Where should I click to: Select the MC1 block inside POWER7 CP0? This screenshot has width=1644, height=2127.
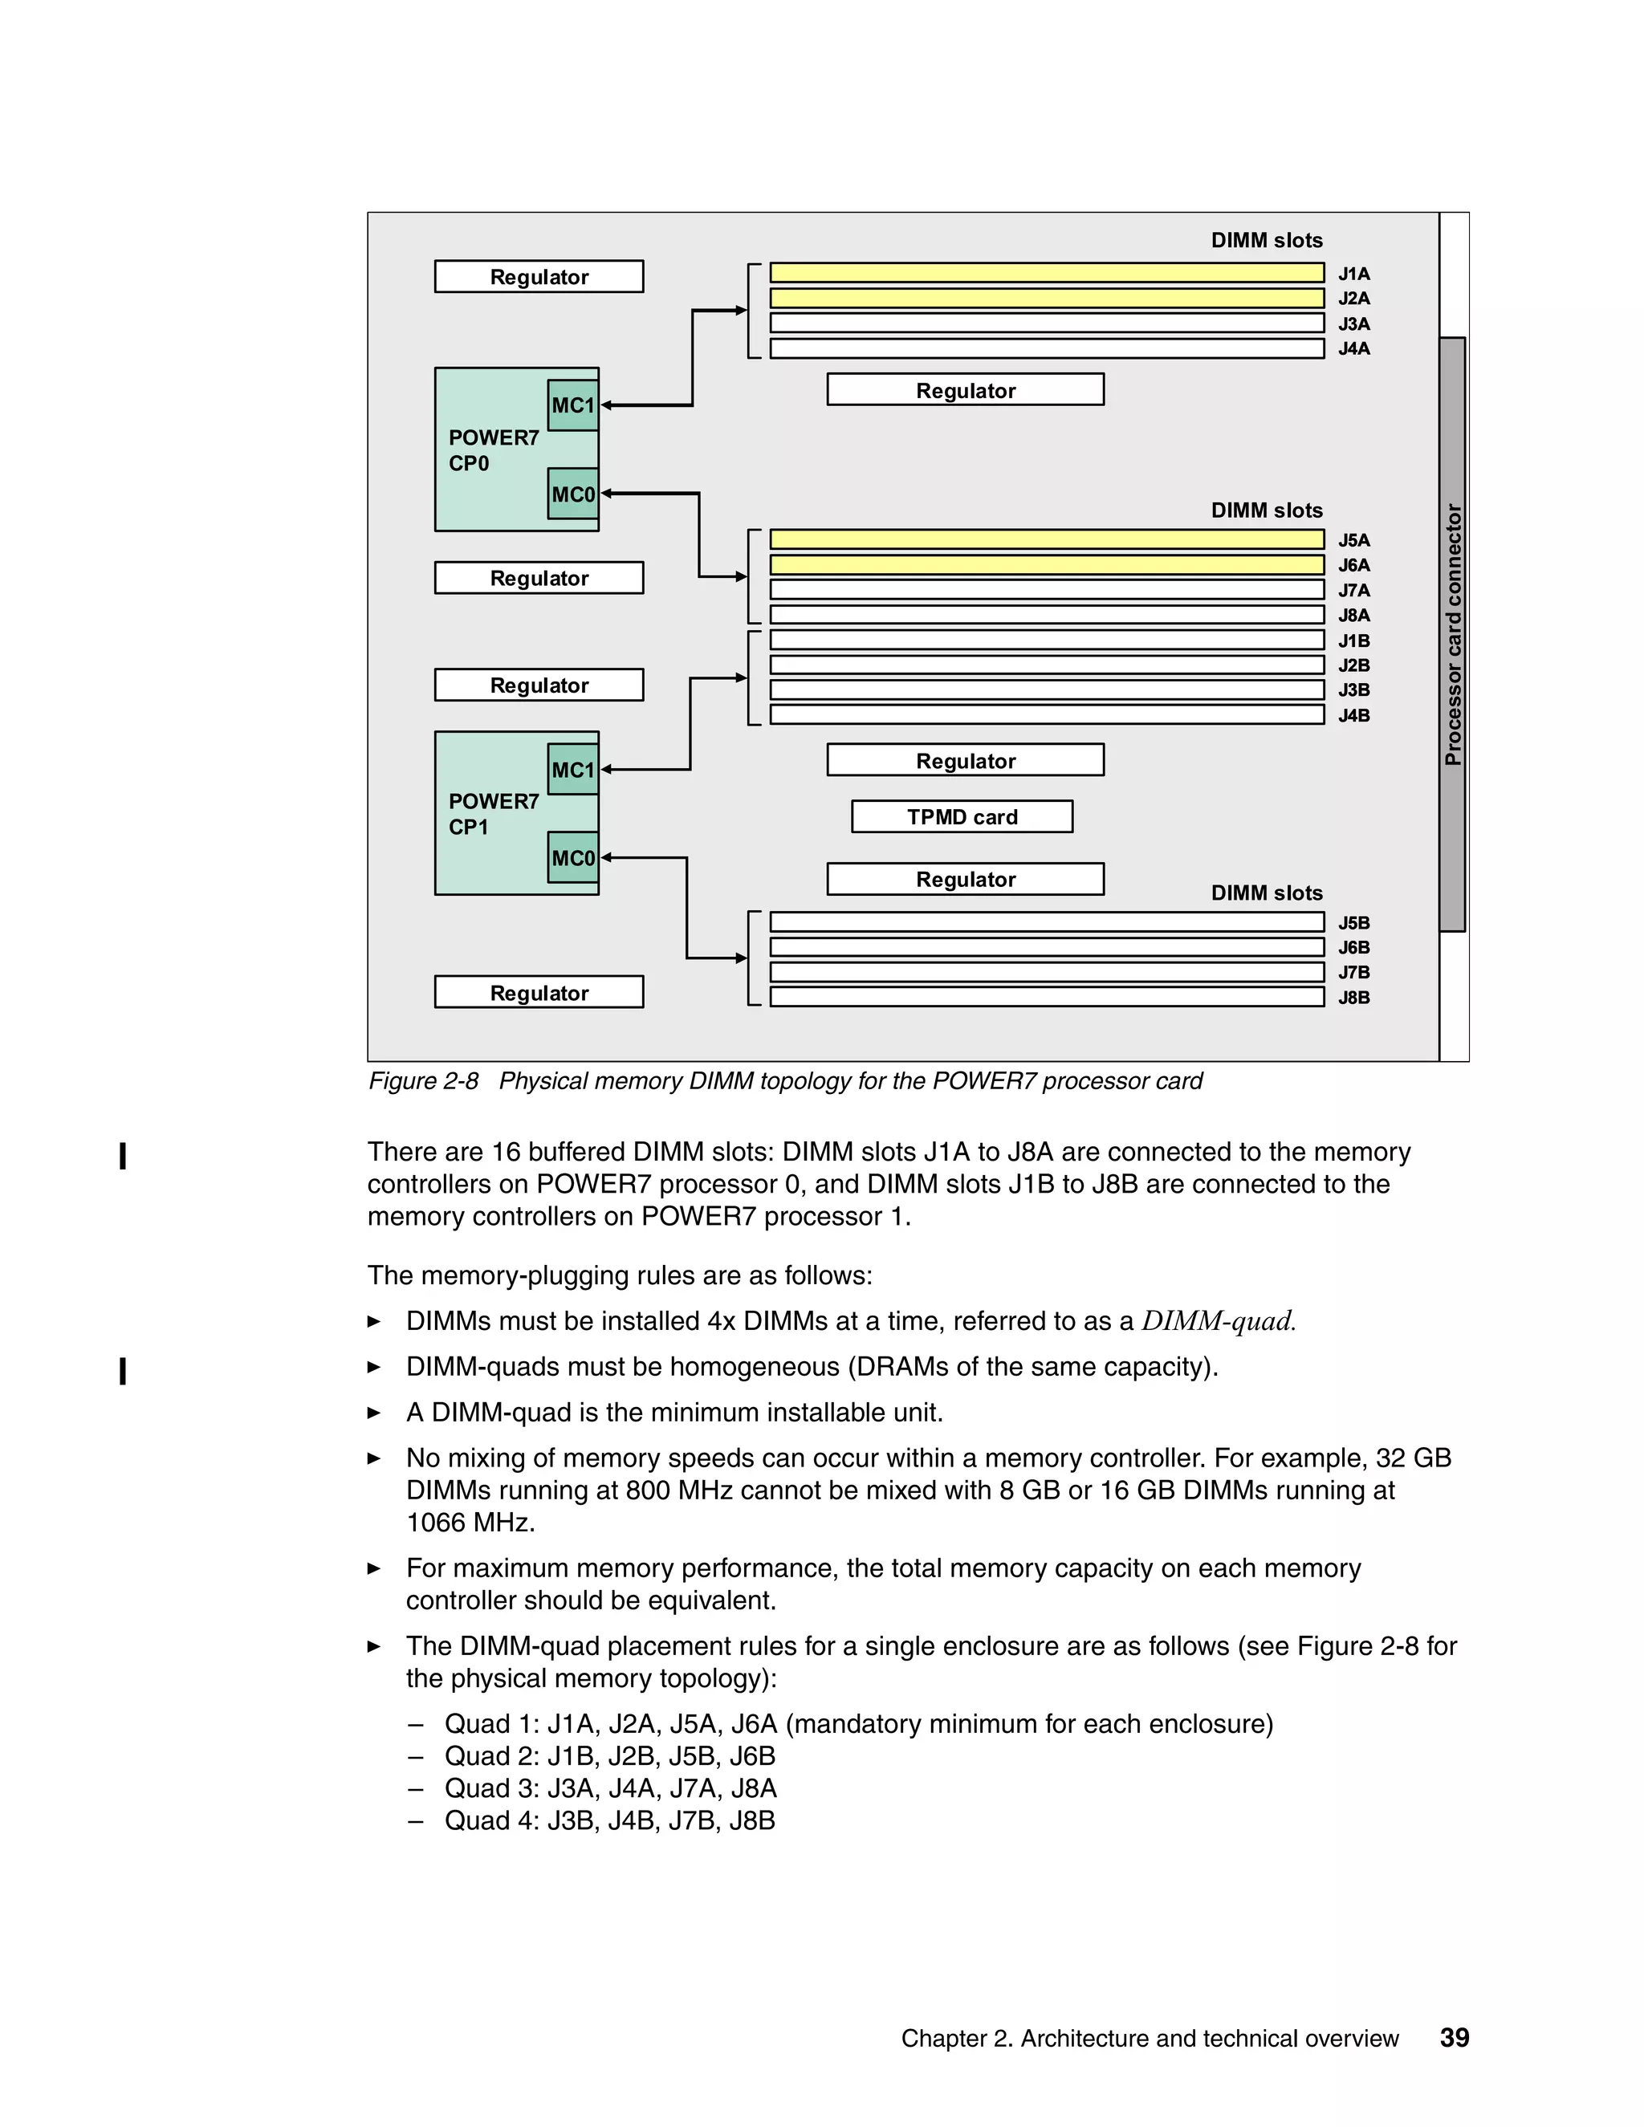click(572, 405)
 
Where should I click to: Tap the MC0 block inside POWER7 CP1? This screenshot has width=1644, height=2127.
click(572, 857)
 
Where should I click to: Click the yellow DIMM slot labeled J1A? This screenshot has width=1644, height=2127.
click(1046, 273)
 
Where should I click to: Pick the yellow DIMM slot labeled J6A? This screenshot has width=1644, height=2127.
click(1046, 565)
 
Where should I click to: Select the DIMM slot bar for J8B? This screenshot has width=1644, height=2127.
click(1046, 996)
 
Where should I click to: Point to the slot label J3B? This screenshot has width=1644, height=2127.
click(1353, 689)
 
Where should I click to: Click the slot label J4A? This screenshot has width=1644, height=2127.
click(1353, 348)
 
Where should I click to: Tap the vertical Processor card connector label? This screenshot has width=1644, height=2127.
click(1453, 634)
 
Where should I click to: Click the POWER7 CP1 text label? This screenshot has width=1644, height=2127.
click(493, 813)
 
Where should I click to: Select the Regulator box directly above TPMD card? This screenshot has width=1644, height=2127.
click(965, 759)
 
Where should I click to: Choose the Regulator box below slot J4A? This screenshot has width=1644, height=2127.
click(965, 389)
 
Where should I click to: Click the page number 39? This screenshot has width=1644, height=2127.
click(1454, 2037)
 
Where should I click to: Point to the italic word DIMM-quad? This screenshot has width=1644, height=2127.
click(1218, 1320)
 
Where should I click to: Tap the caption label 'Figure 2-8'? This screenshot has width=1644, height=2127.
click(424, 1081)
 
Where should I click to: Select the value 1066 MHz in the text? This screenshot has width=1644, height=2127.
click(470, 1522)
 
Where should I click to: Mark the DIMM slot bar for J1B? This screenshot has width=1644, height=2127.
click(1046, 640)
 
